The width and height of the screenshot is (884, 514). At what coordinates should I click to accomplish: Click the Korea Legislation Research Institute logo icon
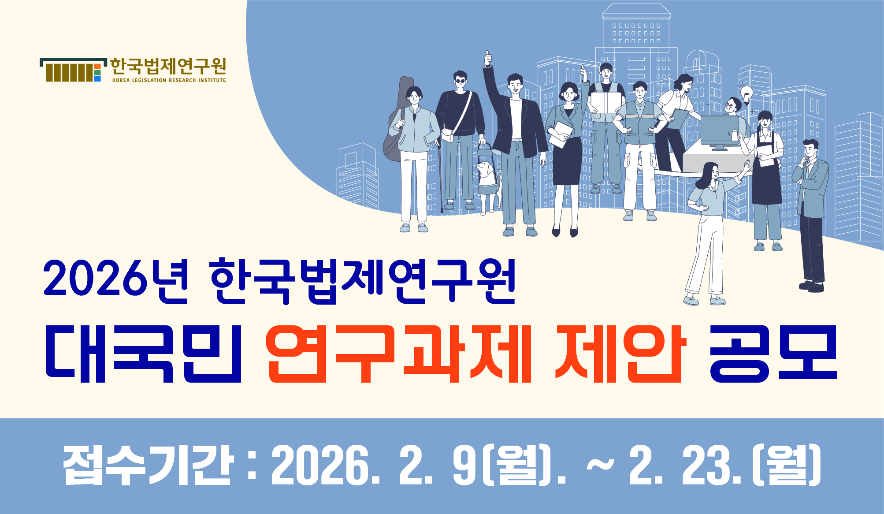[73, 70]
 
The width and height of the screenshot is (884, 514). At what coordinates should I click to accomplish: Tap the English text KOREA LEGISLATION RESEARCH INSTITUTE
[169, 80]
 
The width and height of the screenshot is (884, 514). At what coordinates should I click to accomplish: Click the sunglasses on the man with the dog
[461, 81]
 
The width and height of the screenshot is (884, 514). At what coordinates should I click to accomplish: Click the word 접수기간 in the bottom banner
[148, 465]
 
